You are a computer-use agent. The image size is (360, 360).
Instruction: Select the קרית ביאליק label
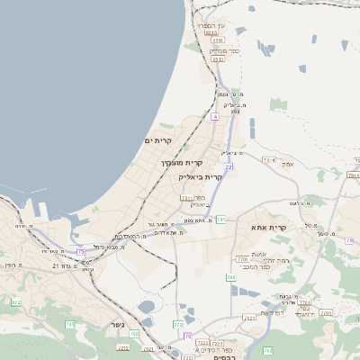pos(201,176)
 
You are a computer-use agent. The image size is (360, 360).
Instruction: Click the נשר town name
pos(117,323)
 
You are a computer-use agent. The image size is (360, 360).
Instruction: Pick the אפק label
pos(287,165)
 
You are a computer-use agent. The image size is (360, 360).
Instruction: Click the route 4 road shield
pos(215,116)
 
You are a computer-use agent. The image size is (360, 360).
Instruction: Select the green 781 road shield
pos(220,219)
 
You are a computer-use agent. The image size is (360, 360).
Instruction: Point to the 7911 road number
pos(186,197)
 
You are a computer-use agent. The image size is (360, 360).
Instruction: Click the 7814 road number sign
pos(268,159)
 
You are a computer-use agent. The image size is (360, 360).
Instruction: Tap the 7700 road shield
pos(240,259)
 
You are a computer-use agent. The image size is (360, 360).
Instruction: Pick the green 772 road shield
pos(178,323)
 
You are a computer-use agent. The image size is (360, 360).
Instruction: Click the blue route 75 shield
pos(81,252)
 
